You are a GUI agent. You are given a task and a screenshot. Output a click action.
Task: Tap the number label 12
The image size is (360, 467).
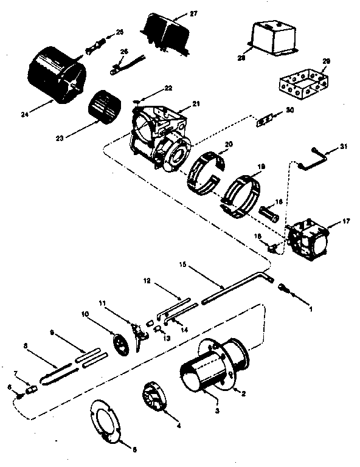pyautogui.click(x=146, y=281)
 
